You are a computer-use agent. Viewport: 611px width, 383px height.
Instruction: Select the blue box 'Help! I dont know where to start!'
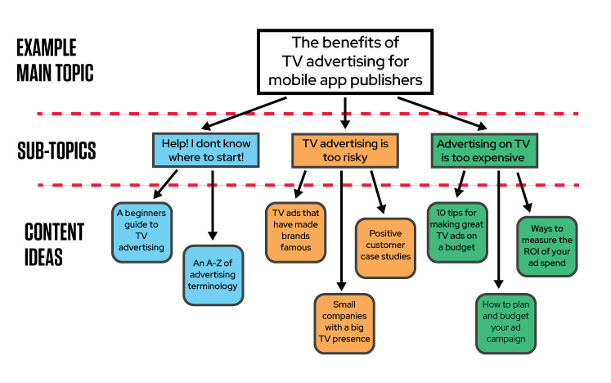(209, 151)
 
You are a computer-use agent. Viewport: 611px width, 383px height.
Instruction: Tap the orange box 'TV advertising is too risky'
(345, 151)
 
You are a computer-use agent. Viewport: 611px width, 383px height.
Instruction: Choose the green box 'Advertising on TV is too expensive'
(482, 151)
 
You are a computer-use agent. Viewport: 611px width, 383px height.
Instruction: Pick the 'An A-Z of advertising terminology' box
(213, 275)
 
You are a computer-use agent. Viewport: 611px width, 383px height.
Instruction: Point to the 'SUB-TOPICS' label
(56, 151)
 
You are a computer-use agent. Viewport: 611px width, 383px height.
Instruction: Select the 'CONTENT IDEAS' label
(54, 243)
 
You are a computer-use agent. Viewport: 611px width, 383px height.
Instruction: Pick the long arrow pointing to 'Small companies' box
(340, 237)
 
